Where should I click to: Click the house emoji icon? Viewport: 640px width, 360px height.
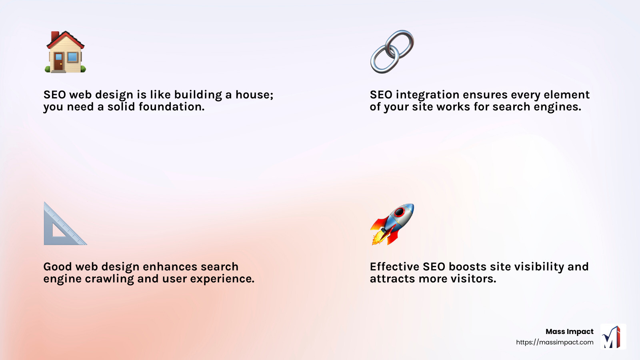[65, 52]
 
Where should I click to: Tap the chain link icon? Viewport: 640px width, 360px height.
[392, 52]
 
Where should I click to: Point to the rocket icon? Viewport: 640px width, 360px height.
[392, 224]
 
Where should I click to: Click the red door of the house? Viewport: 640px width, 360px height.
[59, 63]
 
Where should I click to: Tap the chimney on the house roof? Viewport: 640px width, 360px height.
[55, 36]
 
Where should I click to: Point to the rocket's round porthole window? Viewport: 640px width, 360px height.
[399, 212]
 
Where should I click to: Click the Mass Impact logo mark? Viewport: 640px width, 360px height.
[613, 337]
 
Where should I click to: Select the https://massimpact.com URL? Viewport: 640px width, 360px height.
[554, 342]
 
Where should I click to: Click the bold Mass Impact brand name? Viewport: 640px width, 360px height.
[569, 332]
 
